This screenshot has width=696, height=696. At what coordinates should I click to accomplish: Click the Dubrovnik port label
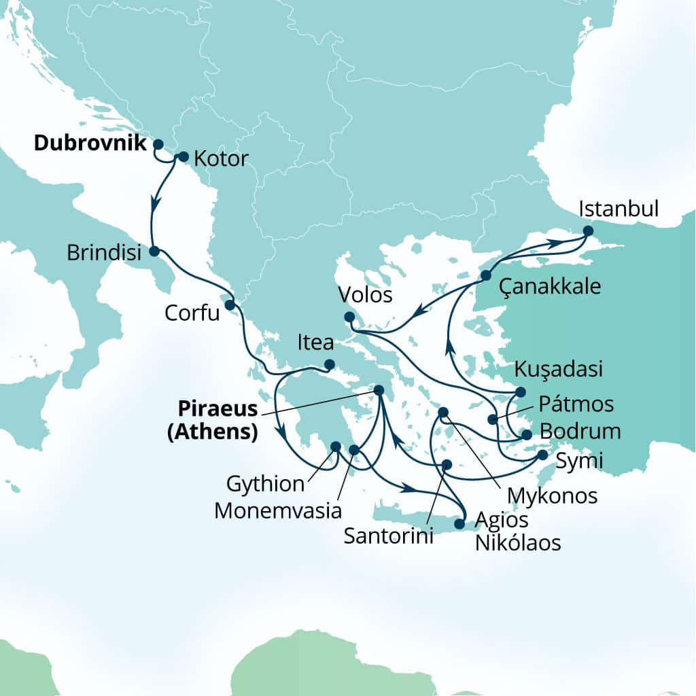click(90, 143)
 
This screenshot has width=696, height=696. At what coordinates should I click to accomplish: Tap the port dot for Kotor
click(182, 156)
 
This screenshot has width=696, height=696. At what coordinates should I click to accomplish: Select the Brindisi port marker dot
click(154, 251)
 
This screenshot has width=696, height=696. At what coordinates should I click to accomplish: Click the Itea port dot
click(329, 365)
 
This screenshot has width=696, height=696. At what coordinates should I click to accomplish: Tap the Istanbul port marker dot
click(588, 232)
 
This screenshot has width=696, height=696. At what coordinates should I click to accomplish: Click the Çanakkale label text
click(550, 286)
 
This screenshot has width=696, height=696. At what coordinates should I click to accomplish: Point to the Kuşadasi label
click(559, 370)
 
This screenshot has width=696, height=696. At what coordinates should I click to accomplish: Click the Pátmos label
click(576, 404)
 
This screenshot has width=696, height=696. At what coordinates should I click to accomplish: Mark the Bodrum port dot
click(525, 435)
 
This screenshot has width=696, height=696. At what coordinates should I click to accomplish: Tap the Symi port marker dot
click(542, 455)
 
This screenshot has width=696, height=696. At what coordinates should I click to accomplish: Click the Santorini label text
click(388, 536)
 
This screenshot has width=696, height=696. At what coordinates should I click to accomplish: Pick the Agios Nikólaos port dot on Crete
click(459, 524)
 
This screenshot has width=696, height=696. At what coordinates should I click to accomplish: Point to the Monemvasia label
click(277, 510)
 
